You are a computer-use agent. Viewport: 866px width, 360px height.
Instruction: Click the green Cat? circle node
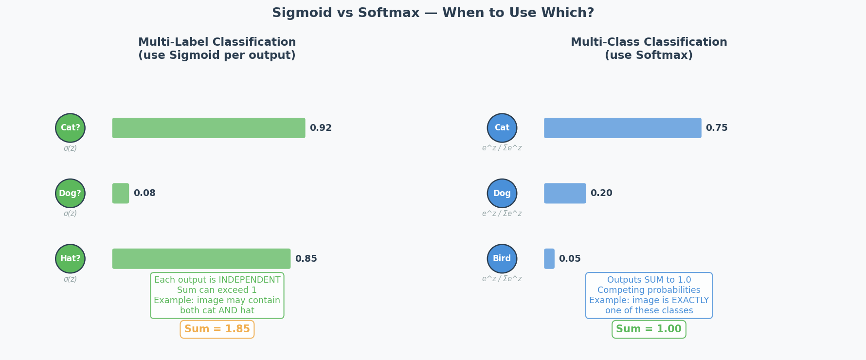click(70, 128)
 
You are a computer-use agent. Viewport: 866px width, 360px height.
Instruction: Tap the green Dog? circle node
click(70, 193)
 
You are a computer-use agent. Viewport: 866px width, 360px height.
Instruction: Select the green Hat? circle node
click(70, 259)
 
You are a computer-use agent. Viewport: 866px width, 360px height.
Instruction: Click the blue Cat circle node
click(502, 128)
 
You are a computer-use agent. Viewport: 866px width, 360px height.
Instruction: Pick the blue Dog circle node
click(502, 193)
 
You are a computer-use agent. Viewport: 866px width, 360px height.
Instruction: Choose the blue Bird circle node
click(502, 259)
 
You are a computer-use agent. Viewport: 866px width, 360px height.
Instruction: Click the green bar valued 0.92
click(209, 128)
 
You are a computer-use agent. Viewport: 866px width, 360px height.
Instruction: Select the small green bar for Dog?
click(121, 193)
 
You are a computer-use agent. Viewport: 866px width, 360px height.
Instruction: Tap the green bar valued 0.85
click(201, 259)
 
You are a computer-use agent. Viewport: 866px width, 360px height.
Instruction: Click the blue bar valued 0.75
click(623, 128)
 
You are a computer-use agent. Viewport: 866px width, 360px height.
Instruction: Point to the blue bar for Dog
click(565, 193)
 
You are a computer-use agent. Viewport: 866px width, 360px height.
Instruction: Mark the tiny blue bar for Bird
click(549, 259)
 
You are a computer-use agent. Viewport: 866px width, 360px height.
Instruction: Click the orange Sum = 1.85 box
click(217, 329)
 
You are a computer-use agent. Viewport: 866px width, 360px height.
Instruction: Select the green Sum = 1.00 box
click(649, 329)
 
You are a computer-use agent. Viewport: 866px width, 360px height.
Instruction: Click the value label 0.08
click(144, 193)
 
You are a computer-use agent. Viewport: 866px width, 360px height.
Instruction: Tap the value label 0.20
click(601, 193)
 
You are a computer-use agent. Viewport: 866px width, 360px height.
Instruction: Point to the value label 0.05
click(570, 259)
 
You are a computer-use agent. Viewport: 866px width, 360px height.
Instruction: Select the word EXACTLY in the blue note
click(690, 301)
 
